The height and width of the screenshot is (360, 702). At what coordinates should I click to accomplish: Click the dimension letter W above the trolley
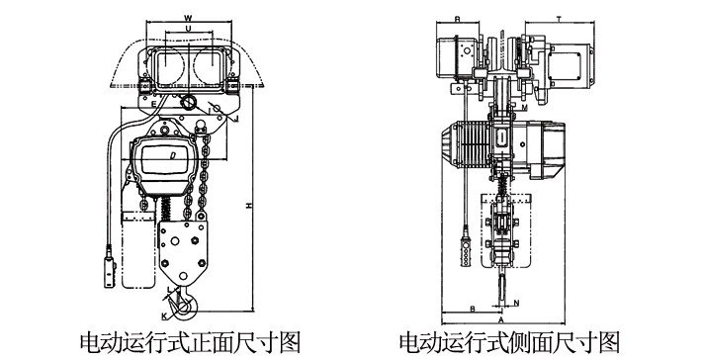189,17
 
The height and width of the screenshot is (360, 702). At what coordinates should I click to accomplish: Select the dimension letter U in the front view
189,32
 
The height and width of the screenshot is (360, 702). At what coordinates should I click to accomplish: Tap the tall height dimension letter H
250,204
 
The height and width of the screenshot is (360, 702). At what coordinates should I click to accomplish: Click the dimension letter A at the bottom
501,320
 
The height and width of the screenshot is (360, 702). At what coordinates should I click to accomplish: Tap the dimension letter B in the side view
474,307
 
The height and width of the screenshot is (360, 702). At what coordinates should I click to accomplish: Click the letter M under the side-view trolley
522,105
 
